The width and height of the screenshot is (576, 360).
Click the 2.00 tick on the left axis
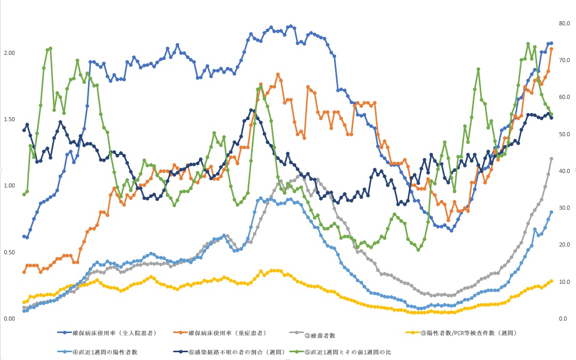(x=8, y=53)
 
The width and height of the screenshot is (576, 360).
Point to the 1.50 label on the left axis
(x=8, y=119)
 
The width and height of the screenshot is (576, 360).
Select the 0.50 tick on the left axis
(x=8, y=252)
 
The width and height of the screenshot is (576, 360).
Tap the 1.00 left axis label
(x=8, y=185)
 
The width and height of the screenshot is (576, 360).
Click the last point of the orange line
(x=551, y=49)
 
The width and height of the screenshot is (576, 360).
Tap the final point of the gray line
(x=551, y=159)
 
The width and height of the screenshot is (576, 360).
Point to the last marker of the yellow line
(x=551, y=281)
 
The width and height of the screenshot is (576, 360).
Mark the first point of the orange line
(x=24, y=272)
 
